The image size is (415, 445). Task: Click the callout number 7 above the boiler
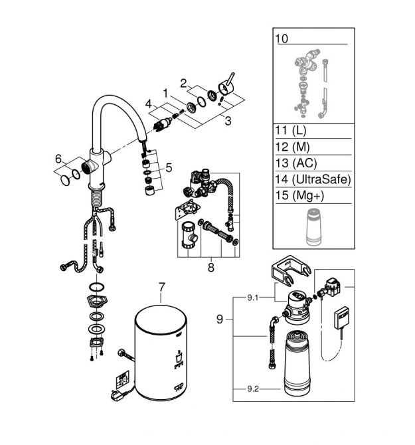(161, 287)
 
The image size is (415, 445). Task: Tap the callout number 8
(210, 268)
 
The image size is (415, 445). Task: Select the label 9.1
(253, 298)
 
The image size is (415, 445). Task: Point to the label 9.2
(253, 389)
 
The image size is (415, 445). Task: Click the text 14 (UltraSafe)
(313, 179)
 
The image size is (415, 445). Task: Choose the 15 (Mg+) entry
(299, 195)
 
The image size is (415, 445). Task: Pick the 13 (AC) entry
(296, 163)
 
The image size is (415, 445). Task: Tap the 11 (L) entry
(291, 131)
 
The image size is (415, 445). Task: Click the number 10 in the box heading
(282, 39)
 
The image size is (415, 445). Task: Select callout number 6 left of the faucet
(58, 159)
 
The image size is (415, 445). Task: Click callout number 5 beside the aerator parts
(169, 167)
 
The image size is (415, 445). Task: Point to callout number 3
(228, 121)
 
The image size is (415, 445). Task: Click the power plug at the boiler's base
(117, 395)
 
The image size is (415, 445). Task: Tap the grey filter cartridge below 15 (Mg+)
(314, 227)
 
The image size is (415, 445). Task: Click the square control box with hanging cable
(341, 317)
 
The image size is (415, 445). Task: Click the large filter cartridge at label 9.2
(297, 363)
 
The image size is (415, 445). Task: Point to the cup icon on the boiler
(179, 358)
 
